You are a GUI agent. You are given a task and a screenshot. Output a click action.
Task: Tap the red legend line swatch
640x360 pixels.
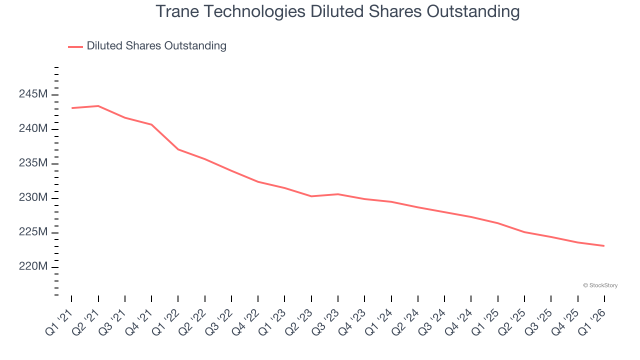tap(75, 46)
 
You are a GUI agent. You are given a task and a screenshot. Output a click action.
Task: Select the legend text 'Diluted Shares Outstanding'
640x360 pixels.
tap(156, 46)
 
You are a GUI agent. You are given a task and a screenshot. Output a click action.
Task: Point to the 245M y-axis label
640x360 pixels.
tap(33, 94)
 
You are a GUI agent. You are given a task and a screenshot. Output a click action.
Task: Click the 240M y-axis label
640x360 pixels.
tap(33, 129)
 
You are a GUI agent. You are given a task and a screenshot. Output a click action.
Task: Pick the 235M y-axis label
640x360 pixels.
tap(33, 163)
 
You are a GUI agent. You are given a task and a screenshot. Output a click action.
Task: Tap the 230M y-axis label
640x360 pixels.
tap(33, 198)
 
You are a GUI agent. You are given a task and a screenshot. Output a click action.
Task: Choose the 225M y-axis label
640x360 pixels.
tap(33, 232)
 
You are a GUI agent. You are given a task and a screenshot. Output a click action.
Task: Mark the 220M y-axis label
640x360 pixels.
tap(33, 267)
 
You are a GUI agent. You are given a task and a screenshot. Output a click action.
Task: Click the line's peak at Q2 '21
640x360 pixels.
tap(98, 106)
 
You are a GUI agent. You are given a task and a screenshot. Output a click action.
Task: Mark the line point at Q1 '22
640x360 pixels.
tap(178, 149)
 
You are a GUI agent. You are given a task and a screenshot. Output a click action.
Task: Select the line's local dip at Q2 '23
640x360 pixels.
tap(311, 196)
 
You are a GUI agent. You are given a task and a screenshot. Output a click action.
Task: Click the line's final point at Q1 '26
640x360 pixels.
tap(604, 245)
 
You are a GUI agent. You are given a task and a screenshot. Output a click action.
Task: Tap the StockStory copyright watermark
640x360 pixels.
tap(600, 285)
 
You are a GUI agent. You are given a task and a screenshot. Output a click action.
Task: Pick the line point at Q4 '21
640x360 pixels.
tap(151, 124)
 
